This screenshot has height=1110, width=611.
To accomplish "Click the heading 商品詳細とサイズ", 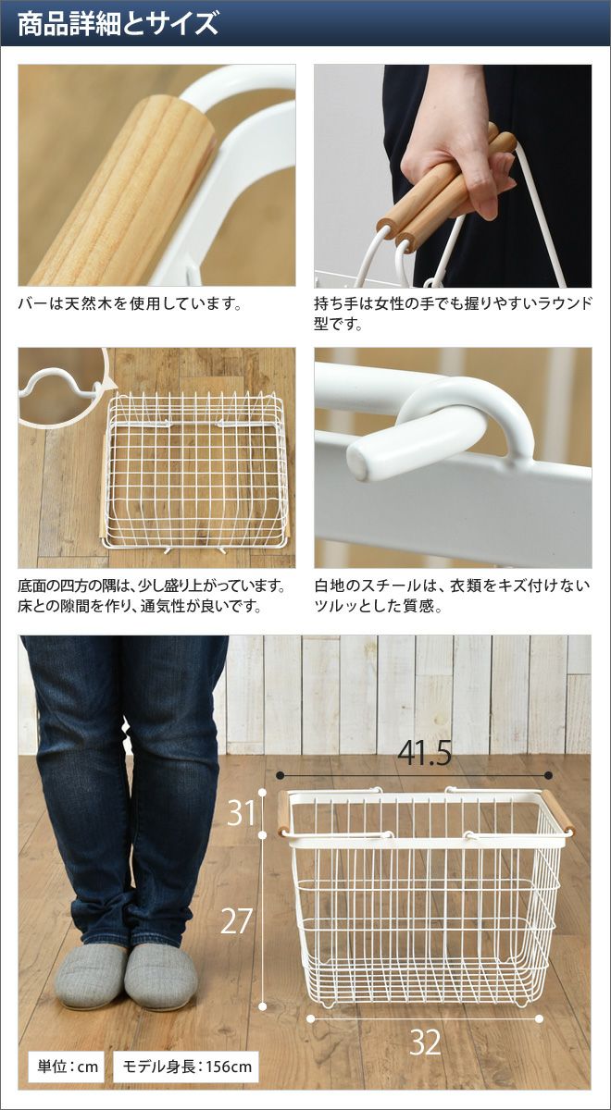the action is (118, 23).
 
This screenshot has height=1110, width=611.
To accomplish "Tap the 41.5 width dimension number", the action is (425, 754).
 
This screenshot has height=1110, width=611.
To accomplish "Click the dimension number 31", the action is (241, 813).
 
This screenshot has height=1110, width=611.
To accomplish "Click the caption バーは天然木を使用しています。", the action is (131, 303).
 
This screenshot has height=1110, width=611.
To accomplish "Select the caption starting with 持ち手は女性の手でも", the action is (453, 314).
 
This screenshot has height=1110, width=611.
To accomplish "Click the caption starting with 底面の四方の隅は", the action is (152, 596).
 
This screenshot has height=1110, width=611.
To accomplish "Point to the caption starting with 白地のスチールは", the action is (453, 596).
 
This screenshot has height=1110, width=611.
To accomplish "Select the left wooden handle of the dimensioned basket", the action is (283, 814).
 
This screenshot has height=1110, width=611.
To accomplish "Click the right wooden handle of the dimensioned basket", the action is (557, 812).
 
